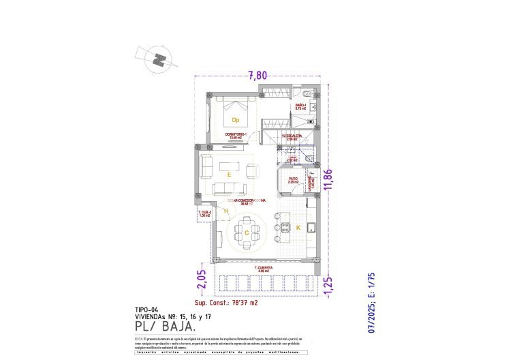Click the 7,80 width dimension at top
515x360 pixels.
[x=257, y=76]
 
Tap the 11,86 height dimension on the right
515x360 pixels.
[x=330, y=180]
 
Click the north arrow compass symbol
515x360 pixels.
[x=158, y=59]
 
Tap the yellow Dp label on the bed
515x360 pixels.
[x=236, y=119]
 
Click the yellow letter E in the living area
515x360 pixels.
[x=229, y=175]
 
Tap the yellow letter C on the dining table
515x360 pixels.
[x=245, y=232]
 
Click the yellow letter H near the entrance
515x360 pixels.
[x=225, y=212]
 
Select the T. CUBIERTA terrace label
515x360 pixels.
[x=264, y=268]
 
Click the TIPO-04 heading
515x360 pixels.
[x=147, y=308]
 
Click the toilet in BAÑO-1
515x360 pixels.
[x=308, y=93]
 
